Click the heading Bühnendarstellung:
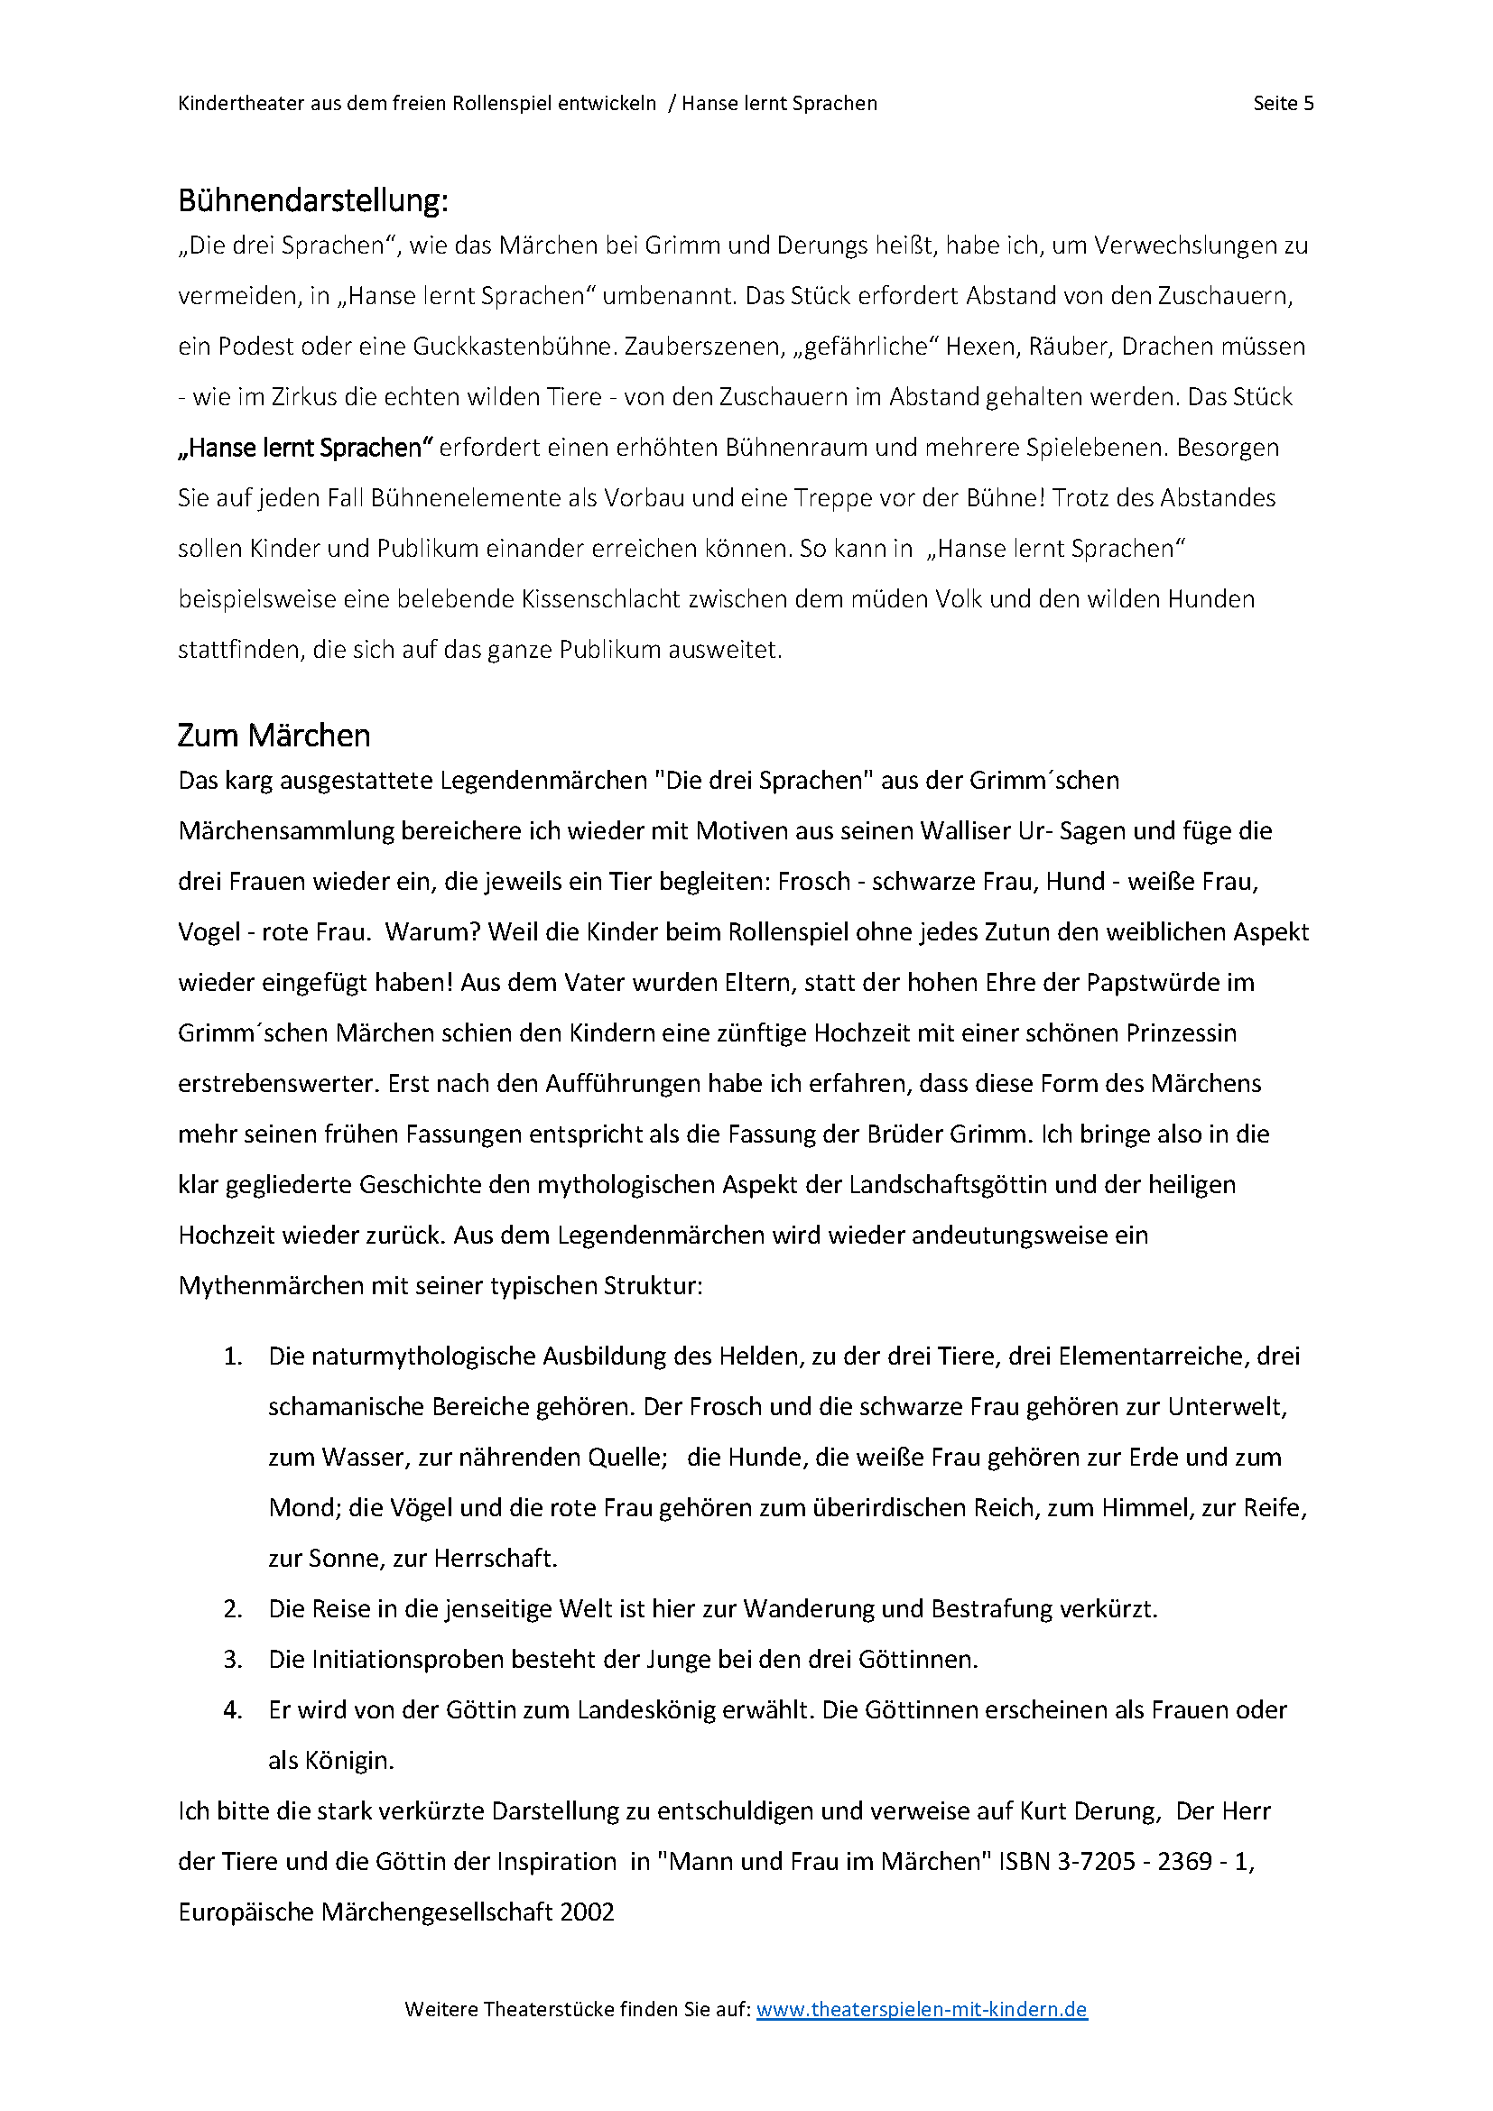[x=312, y=200]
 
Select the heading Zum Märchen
[x=274, y=736]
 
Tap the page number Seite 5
[x=1284, y=103]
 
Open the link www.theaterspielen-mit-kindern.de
[x=922, y=2009]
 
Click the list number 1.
[x=233, y=1356]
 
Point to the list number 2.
[x=233, y=1609]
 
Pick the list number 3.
[x=233, y=1660]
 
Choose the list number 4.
[x=233, y=1710]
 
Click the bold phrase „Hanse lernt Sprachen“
[x=305, y=448]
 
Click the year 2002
[x=587, y=1912]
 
